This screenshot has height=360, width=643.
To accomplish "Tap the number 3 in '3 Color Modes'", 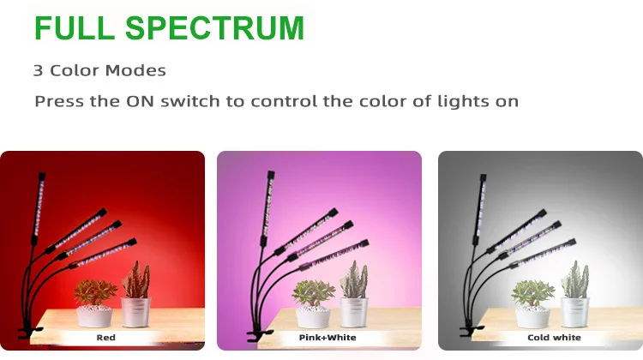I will (39, 70).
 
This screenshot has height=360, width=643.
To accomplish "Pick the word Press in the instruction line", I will (57, 101).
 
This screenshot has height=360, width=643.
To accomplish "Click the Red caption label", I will (105, 338).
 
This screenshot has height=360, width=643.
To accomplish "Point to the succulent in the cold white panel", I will (532, 292).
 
